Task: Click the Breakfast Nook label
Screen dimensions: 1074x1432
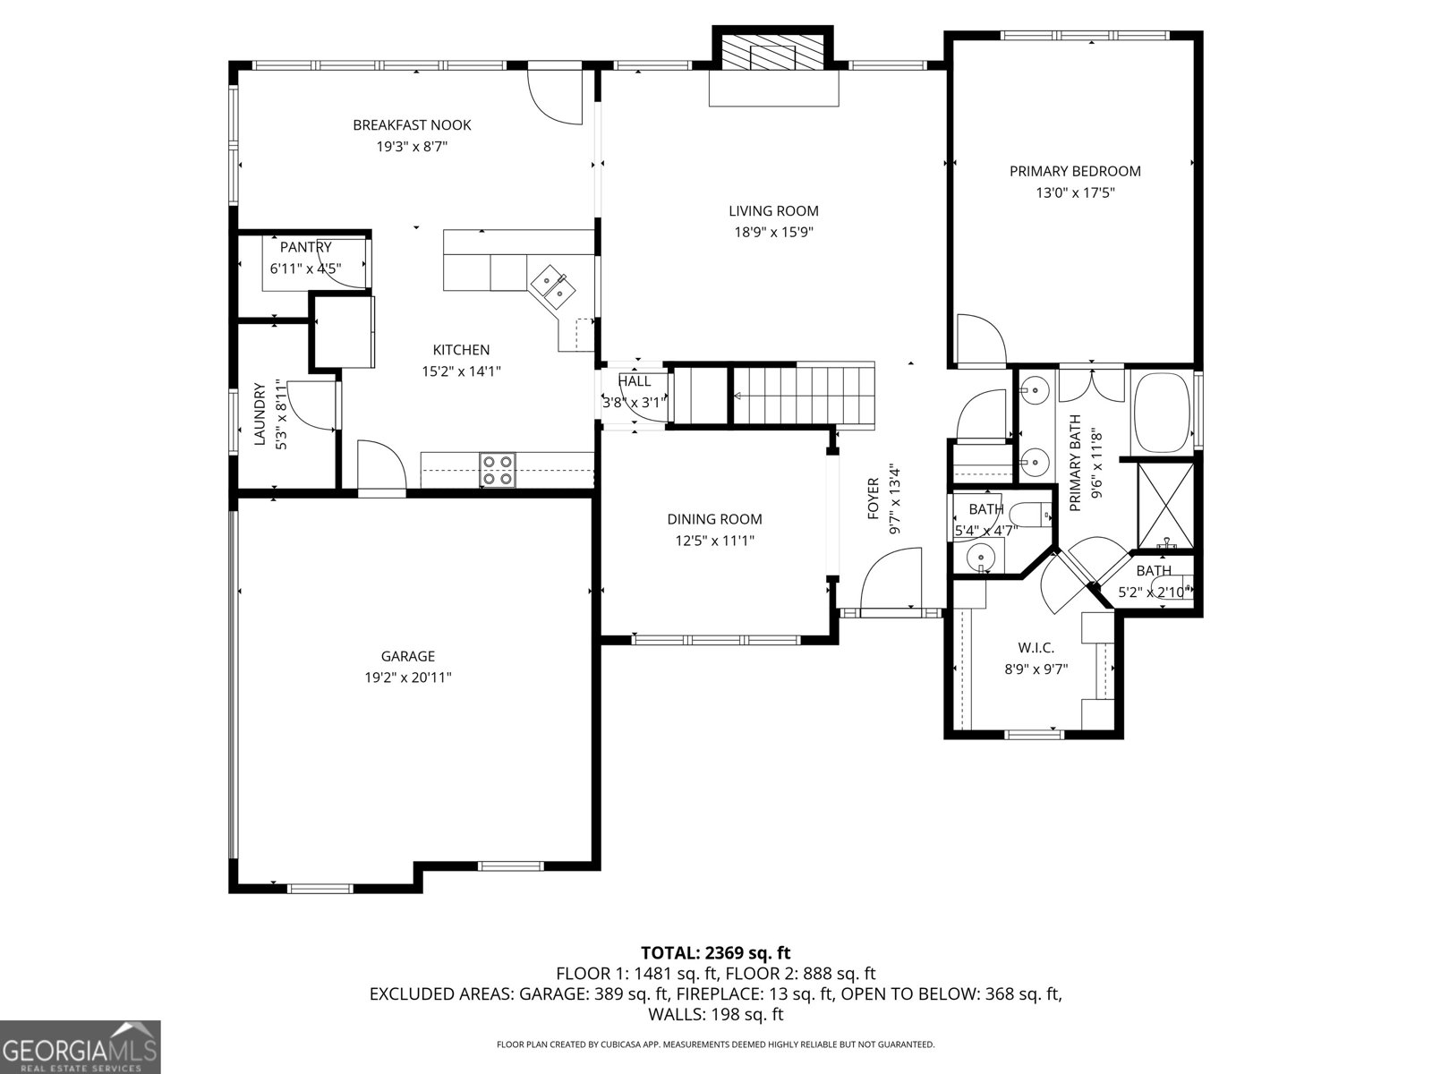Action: pyautogui.click(x=412, y=125)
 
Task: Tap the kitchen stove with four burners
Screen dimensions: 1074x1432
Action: pyautogui.click(x=498, y=470)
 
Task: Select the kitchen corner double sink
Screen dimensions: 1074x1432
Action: pyautogui.click(x=552, y=286)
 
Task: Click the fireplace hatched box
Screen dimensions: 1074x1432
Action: pyautogui.click(x=773, y=54)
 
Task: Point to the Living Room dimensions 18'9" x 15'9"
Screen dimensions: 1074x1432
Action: pyautogui.click(x=773, y=233)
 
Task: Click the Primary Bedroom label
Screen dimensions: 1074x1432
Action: pyautogui.click(x=1075, y=171)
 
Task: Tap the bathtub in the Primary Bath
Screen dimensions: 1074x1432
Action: pyautogui.click(x=1161, y=413)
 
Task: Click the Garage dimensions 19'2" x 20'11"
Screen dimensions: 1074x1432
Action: pyautogui.click(x=407, y=678)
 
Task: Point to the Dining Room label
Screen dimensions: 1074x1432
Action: pyautogui.click(x=714, y=519)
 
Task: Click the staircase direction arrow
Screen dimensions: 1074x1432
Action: pyautogui.click(x=740, y=396)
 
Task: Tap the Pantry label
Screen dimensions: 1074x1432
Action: pyautogui.click(x=306, y=247)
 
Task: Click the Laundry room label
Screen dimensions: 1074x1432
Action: pyautogui.click(x=260, y=413)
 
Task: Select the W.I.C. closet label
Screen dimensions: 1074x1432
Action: pyautogui.click(x=1036, y=648)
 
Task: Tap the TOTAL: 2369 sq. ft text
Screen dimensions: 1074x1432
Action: pyautogui.click(x=715, y=953)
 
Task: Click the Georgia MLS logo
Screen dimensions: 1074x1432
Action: pyautogui.click(x=80, y=1046)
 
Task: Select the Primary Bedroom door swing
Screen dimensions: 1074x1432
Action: pyautogui.click(x=980, y=340)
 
